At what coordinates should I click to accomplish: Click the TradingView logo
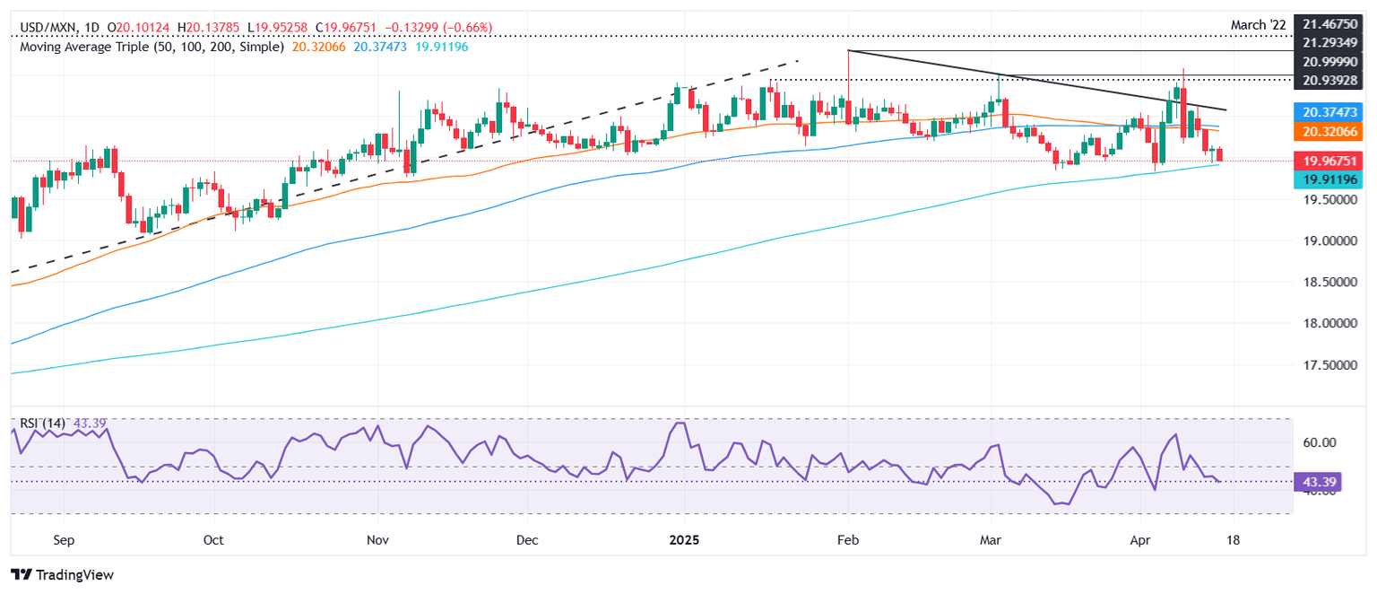[x=63, y=574]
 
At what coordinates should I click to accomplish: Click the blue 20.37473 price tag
[x=1330, y=112]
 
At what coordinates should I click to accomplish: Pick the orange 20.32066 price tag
[x=1330, y=131]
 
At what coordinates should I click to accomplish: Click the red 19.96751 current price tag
[x=1330, y=162]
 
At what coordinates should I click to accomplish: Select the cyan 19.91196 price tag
[x=1330, y=180]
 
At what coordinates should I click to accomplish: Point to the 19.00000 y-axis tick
[x=1330, y=241]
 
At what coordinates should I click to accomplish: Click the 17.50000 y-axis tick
[x=1330, y=365]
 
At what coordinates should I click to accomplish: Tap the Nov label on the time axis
[x=377, y=540]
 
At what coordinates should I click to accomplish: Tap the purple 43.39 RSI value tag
[x=1314, y=481]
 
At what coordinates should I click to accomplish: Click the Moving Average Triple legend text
[x=152, y=45]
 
